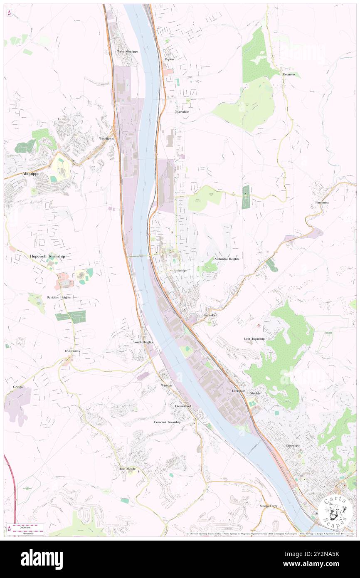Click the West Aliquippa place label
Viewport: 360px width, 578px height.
127,52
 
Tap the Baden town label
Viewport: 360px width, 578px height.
169,59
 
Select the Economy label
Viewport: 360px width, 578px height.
289,74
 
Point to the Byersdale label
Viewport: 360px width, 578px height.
182,112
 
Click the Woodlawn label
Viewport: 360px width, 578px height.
106,138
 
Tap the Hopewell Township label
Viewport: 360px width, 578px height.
47,257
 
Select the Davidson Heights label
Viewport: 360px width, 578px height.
59,297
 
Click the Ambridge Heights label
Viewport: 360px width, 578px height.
227,259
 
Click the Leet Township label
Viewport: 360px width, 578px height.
254,339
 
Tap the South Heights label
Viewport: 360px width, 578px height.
143,342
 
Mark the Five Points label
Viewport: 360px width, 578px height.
72,351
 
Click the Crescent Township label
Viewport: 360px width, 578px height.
167,422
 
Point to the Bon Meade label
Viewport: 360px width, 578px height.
128,469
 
